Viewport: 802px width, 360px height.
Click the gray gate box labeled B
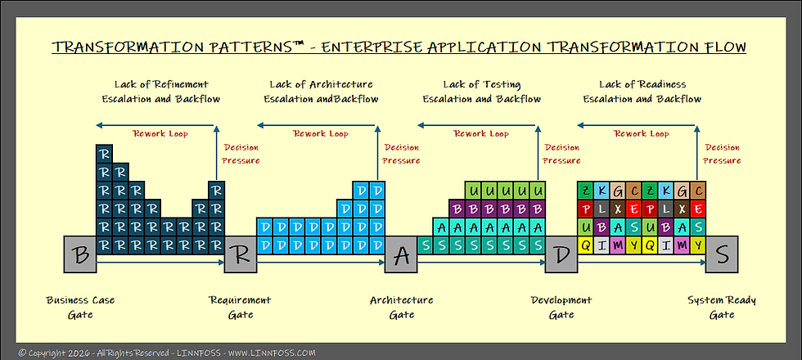point(80,254)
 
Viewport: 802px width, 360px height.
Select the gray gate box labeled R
point(241,254)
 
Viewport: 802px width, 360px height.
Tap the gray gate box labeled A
point(401,254)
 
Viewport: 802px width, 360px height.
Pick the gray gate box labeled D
point(561,254)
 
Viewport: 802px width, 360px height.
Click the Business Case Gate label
point(80,308)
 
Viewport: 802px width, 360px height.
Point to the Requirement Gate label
point(241,308)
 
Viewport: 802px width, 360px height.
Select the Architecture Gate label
point(401,308)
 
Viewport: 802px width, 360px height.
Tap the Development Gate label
point(561,308)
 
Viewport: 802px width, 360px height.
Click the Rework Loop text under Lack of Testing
point(481,134)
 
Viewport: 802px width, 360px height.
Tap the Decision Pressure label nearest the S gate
point(723,154)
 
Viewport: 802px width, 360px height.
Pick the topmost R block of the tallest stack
point(104,154)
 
